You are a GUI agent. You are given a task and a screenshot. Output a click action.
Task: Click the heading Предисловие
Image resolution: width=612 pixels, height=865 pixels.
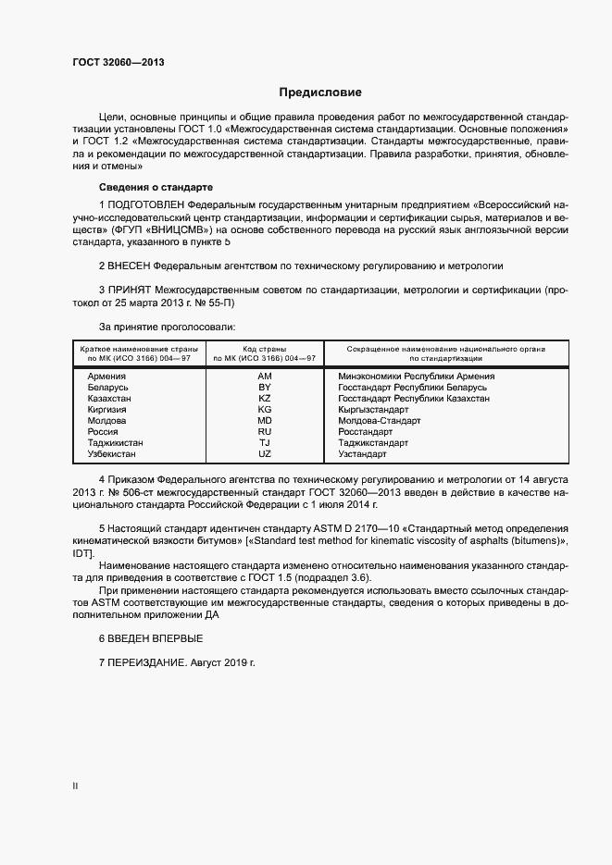point(320,93)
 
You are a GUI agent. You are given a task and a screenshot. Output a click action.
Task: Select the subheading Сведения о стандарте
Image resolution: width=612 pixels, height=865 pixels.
point(142,187)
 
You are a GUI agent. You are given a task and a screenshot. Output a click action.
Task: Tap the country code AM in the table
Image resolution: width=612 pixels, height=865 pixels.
point(265,377)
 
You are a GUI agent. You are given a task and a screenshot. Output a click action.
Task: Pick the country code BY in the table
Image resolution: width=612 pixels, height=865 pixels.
point(265,388)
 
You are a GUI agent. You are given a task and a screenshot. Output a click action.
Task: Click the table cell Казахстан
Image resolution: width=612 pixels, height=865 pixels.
point(109,399)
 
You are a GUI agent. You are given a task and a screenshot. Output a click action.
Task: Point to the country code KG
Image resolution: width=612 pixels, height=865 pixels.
point(265,410)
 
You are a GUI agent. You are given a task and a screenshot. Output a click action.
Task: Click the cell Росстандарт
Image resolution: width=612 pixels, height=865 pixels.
point(366,432)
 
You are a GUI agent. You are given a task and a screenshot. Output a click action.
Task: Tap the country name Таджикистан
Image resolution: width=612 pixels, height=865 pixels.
point(115,443)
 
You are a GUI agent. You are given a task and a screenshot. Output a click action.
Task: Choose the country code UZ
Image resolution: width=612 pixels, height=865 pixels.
point(265,454)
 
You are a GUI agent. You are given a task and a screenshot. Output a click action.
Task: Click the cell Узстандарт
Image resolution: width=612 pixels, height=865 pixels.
point(363,454)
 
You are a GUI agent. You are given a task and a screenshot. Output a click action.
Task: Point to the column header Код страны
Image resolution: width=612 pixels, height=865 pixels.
point(265,349)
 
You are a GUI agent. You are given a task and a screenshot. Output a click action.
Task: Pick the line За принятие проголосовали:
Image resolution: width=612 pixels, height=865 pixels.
point(167,327)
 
